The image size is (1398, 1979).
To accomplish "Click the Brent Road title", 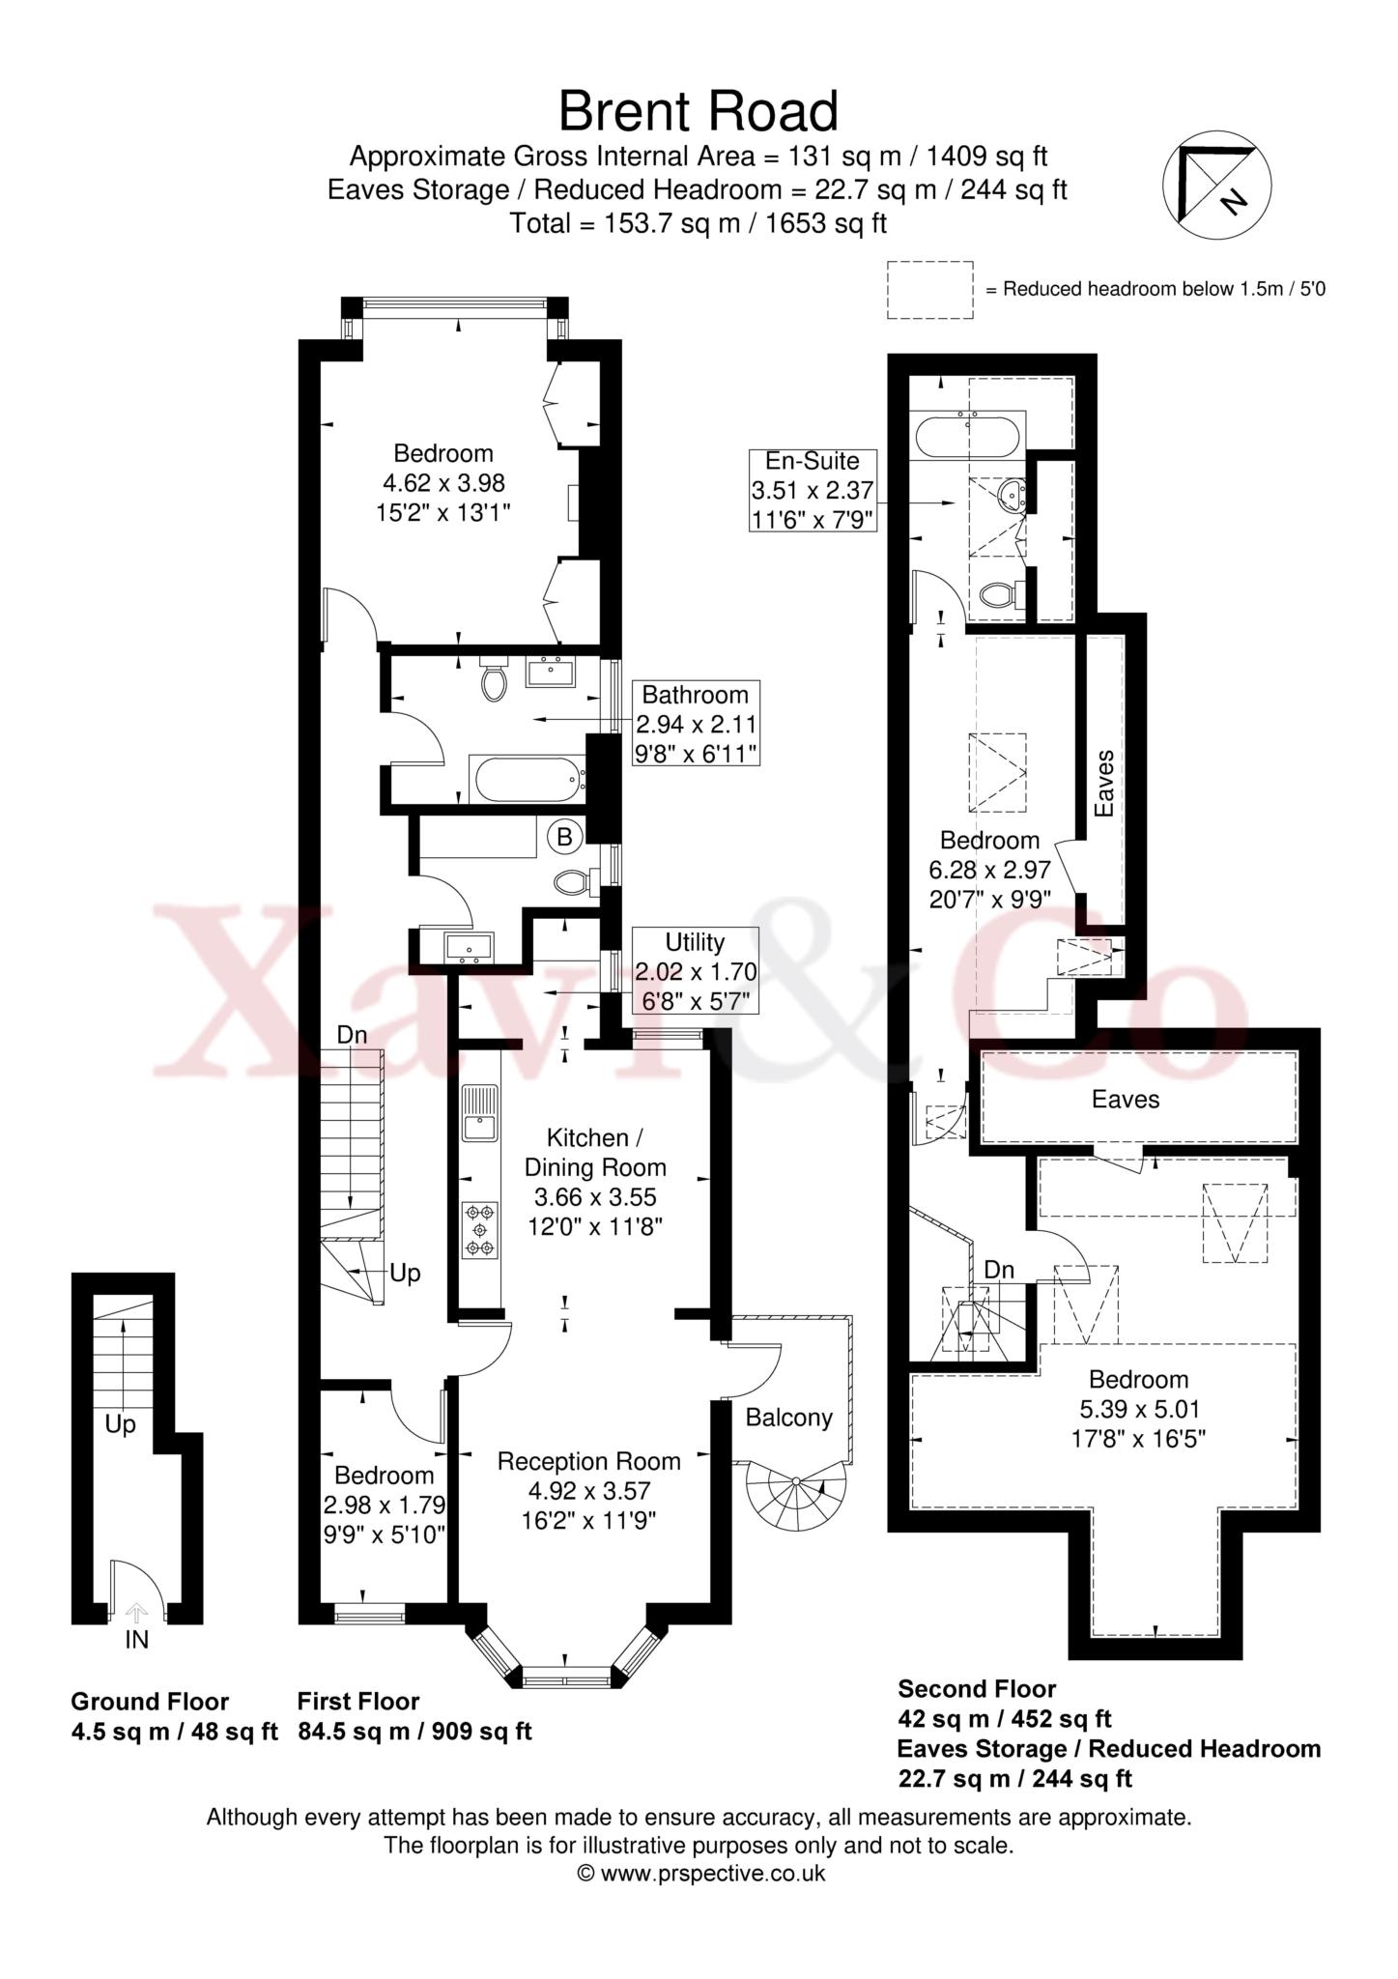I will click(x=698, y=111).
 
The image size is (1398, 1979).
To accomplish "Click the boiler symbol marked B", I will click(x=565, y=836).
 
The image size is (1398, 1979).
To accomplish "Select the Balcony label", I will click(x=788, y=1418).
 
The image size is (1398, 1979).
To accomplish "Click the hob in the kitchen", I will click(x=480, y=1229).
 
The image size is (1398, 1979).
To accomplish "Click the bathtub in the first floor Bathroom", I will click(x=527, y=779).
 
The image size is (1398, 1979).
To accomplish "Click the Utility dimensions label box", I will click(x=695, y=970).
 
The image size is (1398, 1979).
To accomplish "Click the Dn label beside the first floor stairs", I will click(x=352, y=1035).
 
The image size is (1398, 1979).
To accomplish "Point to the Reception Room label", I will click(x=588, y=1462).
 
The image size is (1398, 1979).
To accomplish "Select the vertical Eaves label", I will click(x=1105, y=783).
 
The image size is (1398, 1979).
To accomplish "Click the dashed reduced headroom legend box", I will click(x=929, y=289).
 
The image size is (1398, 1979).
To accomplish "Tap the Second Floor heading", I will click(x=977, y=1716).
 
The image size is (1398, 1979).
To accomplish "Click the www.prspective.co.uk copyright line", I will click(x=700, y=1874).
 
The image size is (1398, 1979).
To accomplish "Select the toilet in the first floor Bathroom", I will click(x=494, y=680).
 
